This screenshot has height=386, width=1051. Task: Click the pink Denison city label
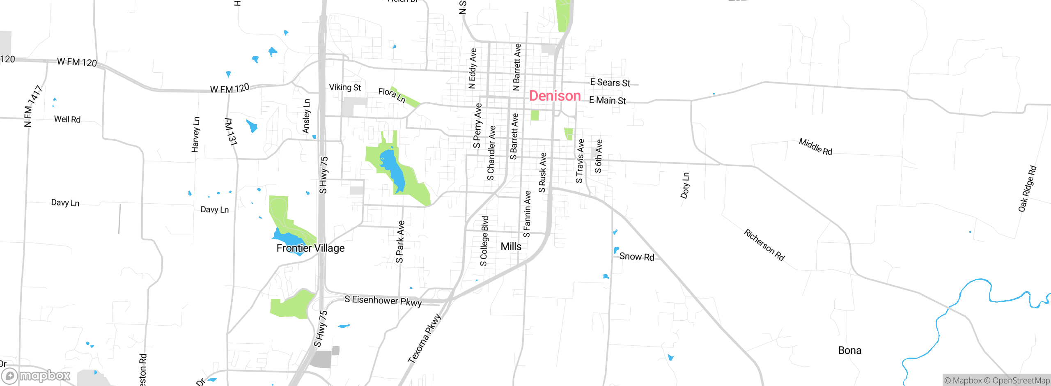pos(555,96)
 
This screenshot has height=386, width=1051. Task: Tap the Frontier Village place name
pos(310,248)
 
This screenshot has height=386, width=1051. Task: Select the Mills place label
pos(511,246)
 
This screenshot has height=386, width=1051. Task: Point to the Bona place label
pos(849,350)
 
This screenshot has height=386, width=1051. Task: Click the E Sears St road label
pos(610,83)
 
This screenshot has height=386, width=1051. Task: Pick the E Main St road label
pos(607,100)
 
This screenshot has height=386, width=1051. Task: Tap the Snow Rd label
pos(636,257)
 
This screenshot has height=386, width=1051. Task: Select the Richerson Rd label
pos(764,245)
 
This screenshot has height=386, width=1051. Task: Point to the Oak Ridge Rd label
pos(1027,189)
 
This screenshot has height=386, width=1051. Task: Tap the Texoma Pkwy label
pos(424,339)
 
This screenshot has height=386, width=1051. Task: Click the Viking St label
pos(345,87)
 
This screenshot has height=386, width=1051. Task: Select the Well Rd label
pos(67,119)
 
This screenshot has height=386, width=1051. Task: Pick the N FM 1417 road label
pos(33,106)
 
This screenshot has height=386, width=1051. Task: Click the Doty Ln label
pos(685,186)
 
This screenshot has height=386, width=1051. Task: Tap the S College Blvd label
pos(484,241)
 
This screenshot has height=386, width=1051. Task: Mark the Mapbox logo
pos(36,376)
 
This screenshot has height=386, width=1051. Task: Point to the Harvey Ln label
pos(196,135)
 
